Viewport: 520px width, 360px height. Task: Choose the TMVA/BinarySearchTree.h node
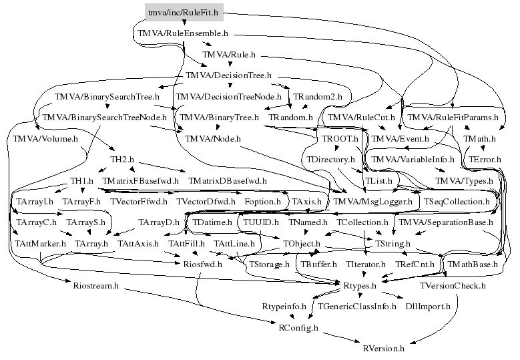[107, 97]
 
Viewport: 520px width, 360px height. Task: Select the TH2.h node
[122, 160]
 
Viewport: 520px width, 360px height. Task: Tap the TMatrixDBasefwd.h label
[228, 181]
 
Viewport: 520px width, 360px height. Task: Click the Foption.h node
[262, 201]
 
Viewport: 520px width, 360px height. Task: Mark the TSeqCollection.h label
[457, 201]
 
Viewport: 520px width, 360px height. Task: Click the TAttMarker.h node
[41, 244]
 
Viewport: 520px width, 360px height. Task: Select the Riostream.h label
[95, 286]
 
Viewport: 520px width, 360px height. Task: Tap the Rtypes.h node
[360, 286]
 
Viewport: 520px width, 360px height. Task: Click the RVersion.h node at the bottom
[383, 348]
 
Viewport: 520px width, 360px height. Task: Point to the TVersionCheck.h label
[453, 286]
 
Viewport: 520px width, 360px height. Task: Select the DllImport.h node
[428, 307]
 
